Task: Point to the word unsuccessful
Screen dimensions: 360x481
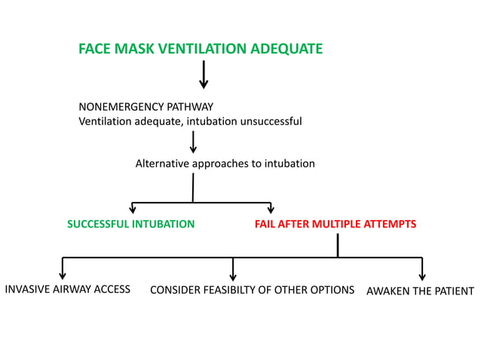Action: pos(271,121)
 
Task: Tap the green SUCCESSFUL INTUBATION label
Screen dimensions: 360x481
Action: pos(131,224)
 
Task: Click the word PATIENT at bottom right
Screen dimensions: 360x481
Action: pos(454,291)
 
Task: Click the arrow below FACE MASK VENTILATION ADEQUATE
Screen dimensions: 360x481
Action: pos(204,75)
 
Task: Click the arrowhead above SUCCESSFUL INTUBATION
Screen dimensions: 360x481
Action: pos(133,209)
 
